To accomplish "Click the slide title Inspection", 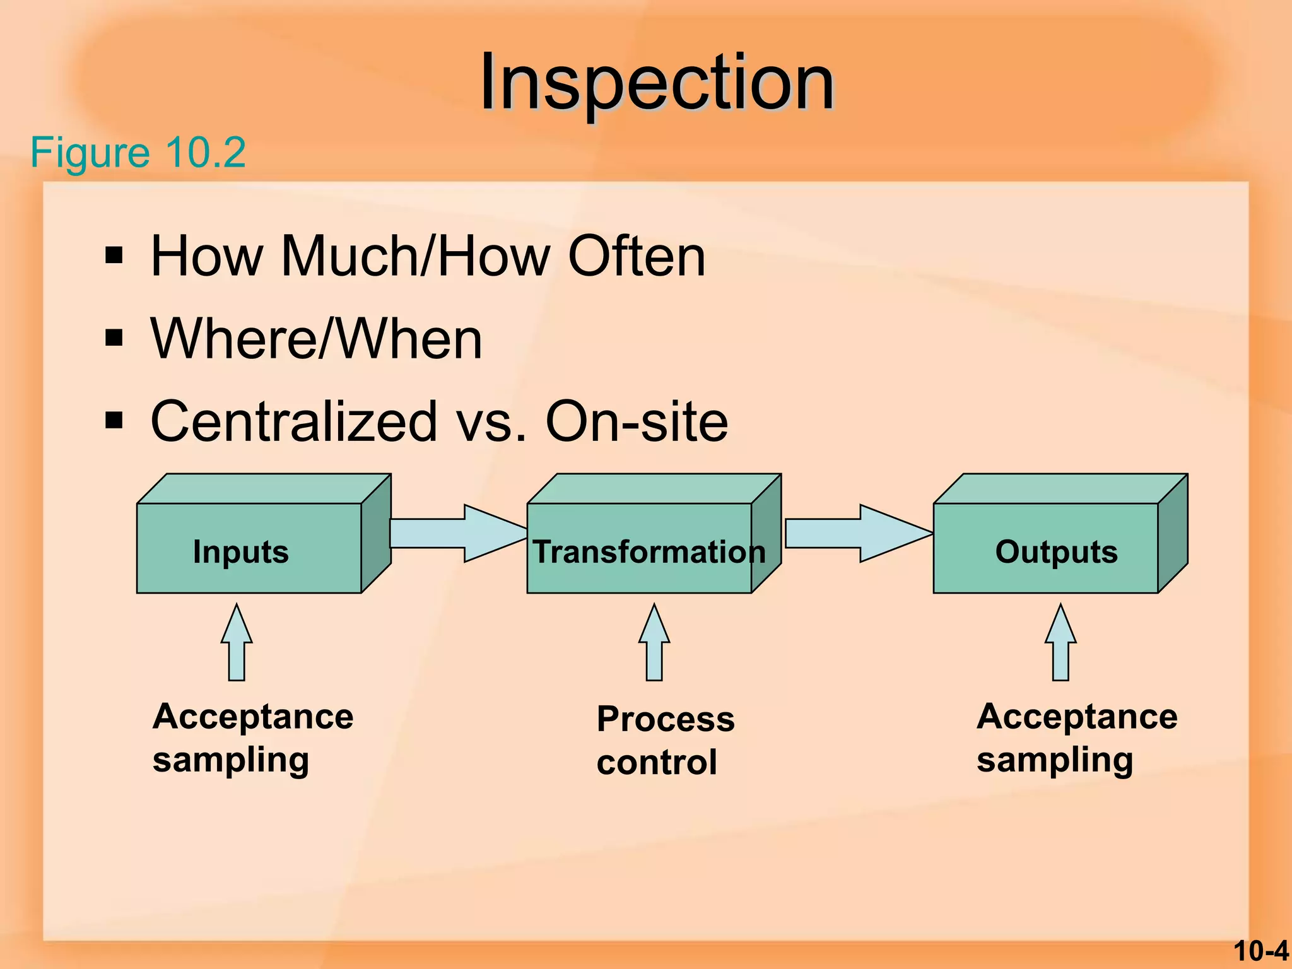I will [x=656, y=83].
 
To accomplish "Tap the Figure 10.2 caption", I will [x=138, y=153].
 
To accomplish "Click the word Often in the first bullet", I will [x=636, y=256].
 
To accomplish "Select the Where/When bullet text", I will [x=316, y=339].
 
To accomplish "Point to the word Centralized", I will [x=294, y=421].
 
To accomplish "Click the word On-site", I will [x=636, y=421].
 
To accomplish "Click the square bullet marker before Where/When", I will [x=114, y=338].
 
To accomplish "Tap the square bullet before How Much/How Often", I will [x=114, y=255].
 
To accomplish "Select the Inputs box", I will [x=249, y=548].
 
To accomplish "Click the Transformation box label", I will [x=649, y=551].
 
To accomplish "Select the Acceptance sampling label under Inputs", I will [x=252, y=737].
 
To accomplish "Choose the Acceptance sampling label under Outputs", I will [x=1076, y=737].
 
